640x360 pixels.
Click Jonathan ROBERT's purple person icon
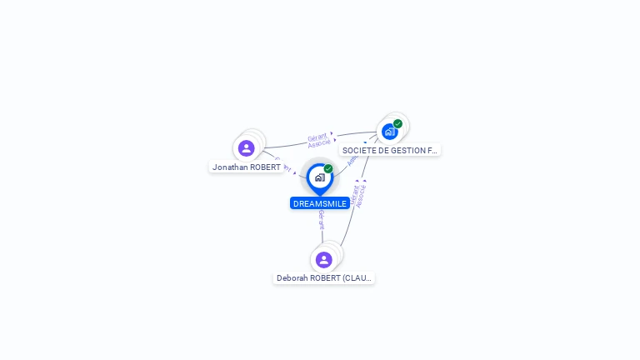[246, 148]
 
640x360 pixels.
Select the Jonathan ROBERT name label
[246, 167]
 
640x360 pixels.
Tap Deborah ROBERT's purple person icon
[324, 260]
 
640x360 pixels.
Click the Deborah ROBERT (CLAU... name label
[324, 278]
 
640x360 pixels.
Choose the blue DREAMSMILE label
[320, 203]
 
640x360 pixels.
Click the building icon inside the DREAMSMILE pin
[319, 177]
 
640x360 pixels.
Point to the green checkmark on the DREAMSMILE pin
[328, 168]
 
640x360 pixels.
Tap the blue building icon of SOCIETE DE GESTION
[389, 132]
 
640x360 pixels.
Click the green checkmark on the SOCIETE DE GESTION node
[398, 123]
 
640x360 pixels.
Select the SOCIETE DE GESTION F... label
[389, 151]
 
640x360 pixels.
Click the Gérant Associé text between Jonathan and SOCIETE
[318, 140]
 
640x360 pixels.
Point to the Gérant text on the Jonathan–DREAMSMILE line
[284, 164]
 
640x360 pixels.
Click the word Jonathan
[230, 167]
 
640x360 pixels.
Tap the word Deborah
[292, 278]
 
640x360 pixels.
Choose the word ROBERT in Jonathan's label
[264, 167]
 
